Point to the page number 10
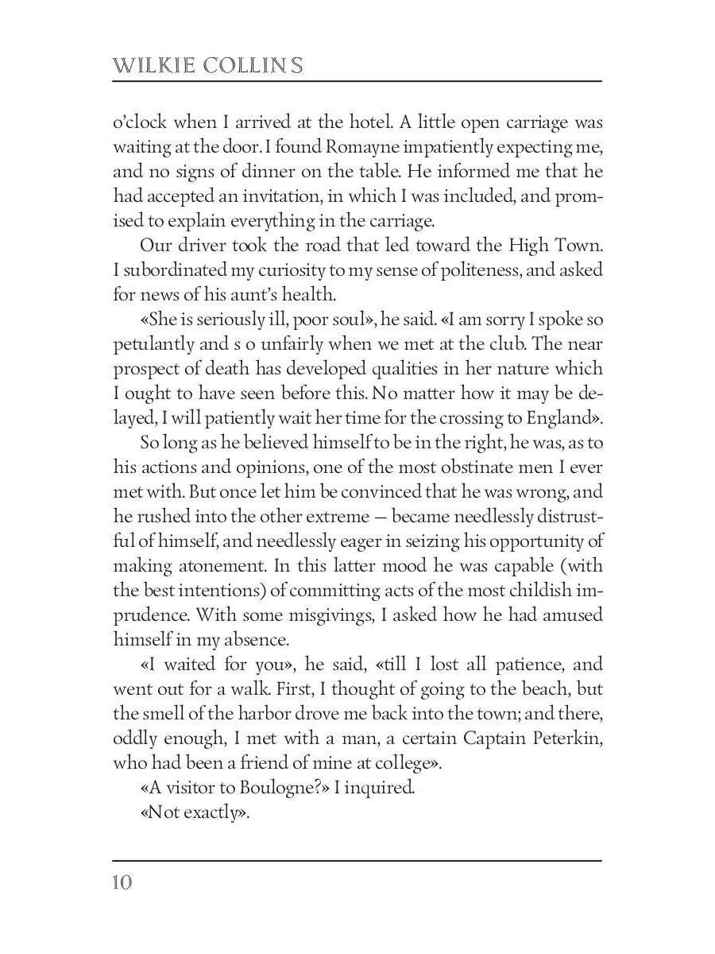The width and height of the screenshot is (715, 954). pos(122,882)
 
